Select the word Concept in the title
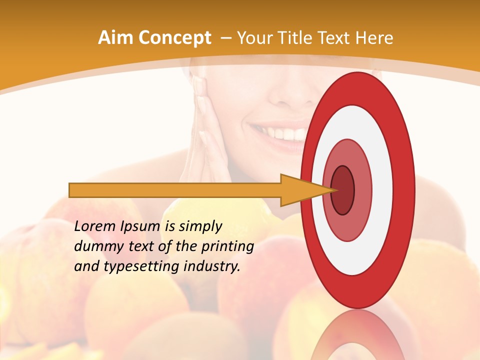(174, 38)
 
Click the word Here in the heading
(375, 38)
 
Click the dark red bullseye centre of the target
(343, 190)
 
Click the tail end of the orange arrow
(71, 190)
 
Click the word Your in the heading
(253, 38)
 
